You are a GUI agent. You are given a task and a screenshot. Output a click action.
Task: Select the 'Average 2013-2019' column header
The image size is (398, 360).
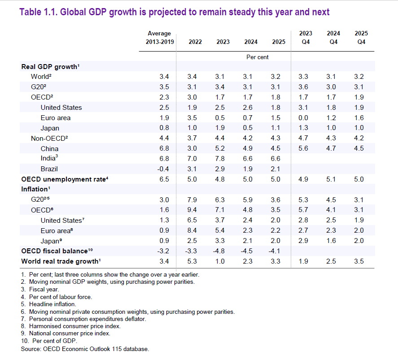click(159, 38)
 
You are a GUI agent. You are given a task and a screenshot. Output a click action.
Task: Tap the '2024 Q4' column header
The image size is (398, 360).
click(333, 38)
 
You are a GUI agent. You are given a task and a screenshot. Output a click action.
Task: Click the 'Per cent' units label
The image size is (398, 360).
click(258, 57)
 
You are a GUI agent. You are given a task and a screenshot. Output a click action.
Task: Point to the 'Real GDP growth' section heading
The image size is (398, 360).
click(50, 66)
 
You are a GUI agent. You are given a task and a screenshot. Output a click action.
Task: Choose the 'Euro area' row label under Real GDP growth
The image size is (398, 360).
click(56, 118)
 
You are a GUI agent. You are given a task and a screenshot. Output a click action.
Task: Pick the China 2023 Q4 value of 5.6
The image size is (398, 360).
click(303, 148)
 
